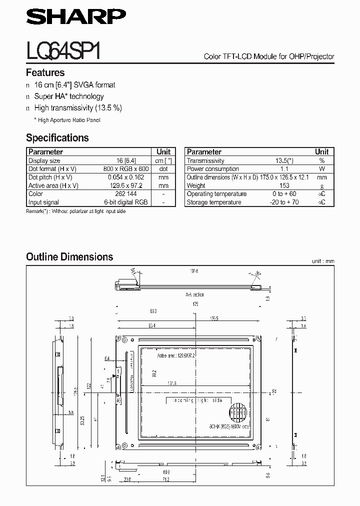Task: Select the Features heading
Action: (x=45, y=72)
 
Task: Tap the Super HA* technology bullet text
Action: (x=68, y=96)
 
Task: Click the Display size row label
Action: (x=44, y=160)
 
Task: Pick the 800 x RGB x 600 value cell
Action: (x=126, y=169)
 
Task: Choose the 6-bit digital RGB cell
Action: (x=126, y=202)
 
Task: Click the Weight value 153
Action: (x=284, y=185)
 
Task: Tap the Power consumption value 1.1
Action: (x=284, y=169)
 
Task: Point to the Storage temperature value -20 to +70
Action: (x=284, y=202)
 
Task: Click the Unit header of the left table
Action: (x=163, y=151)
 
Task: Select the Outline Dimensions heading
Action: (x=69, y=257)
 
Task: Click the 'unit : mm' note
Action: (x=322, y=261)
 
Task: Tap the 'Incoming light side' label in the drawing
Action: (x=198, y=400)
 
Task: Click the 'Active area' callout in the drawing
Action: (x=176, y=355)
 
